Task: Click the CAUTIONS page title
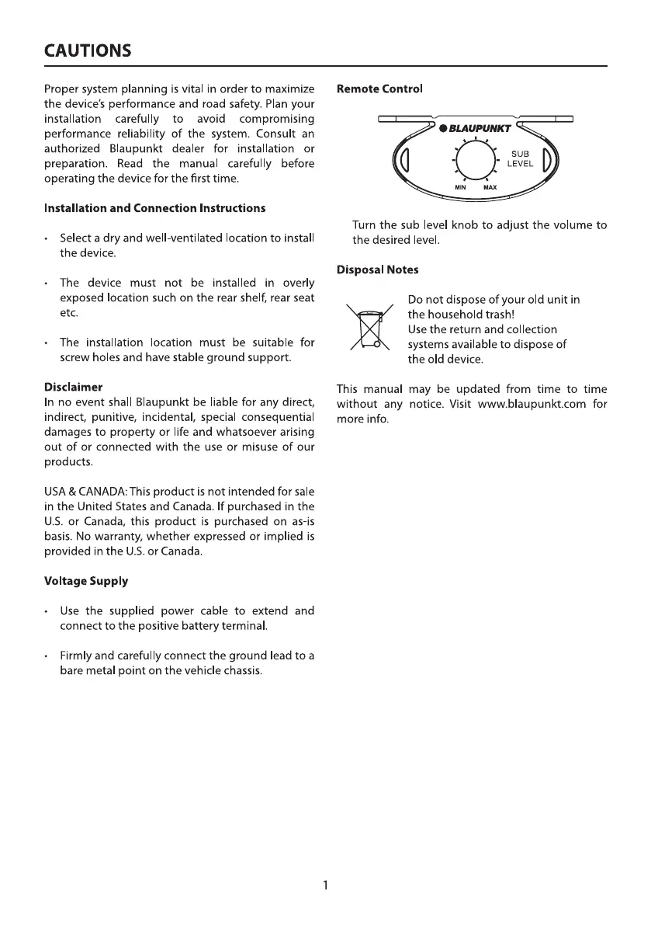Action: (x=88, y=51)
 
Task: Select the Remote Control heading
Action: (x=379, y=89)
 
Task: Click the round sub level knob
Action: (x=472, y=161)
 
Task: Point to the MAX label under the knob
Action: (x=490, y=187)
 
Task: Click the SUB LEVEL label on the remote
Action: (x=520, y=158)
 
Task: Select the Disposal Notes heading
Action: (x=377, y=270)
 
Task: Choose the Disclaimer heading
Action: (x=74, y=386)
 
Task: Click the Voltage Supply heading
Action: (x=86, y=580)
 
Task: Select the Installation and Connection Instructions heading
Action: (x=155, y=208)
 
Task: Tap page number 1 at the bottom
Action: (x=326, y=885)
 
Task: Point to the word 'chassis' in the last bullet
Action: (x=241, y=670)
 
